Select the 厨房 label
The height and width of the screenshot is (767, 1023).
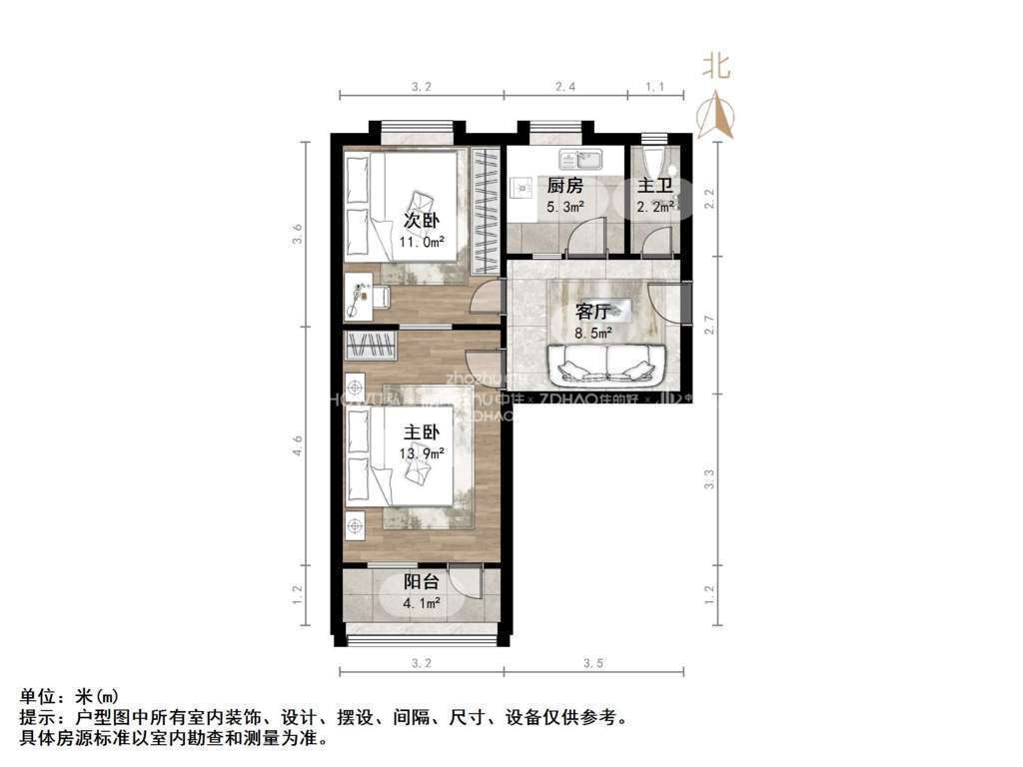click(564, 186)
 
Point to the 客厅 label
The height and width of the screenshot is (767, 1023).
click(593, 311)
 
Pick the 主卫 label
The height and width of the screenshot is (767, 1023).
click(655, 186)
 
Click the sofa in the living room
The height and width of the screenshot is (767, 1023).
click(606, 364)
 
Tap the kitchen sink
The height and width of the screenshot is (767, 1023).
click(579, 159)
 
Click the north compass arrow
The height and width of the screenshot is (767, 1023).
click(715, 115)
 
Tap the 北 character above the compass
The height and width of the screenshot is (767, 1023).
click(716, 67)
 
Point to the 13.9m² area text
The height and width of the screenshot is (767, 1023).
click(422, 452)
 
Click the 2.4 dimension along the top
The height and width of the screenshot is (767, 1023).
click(565, 87)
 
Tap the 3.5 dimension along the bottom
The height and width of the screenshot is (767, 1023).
click(593, 663)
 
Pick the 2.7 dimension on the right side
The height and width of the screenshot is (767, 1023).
click(710, 325)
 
